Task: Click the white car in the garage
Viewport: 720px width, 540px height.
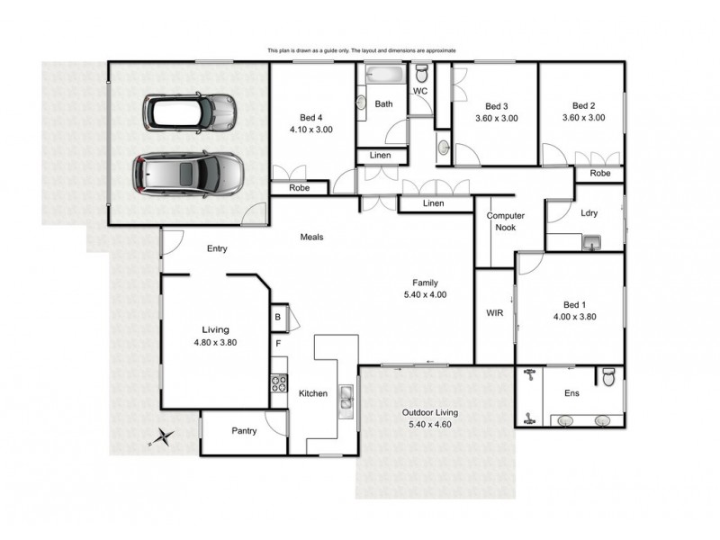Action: pyautogui.click(x=190, y=113)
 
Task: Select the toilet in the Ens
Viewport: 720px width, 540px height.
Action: pyautogui.click(x=609, y=378)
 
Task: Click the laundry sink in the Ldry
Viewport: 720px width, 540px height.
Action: pyautogui.click(x=591, y=241)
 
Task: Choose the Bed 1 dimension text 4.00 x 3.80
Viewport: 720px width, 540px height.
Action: pyautogui.click(x=575, y=316)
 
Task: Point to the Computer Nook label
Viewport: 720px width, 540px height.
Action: pyautogui.click(x=505, y=222)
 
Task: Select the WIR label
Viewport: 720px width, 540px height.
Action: pyautogui.click(x=494, y=314)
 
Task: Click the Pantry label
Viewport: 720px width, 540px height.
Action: pyautogui.click(x=244, y=431)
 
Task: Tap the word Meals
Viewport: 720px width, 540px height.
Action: pyautogui.click(x=312, y=238)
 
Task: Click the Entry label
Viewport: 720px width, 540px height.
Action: pyautogui.click(x=217, y=249)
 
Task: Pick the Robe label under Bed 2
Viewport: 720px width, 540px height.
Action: pyautogui.click(x=599, y=173)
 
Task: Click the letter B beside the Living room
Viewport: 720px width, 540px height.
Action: pyautogui.click(x=278, y=317)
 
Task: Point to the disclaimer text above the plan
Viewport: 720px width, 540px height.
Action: pyautogui.click(x=362, y=51)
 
